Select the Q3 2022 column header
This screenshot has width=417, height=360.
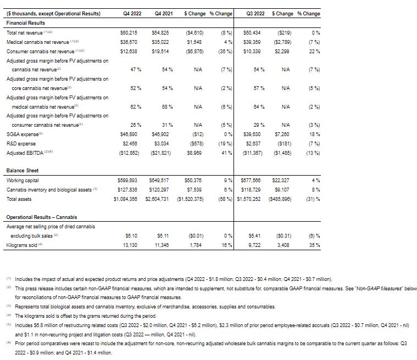[253, 13]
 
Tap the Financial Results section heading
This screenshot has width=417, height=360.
[25, 23]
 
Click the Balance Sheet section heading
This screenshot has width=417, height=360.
[23, 171]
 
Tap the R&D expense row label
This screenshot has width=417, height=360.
[21, 143]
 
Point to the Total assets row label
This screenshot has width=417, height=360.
[19, 199]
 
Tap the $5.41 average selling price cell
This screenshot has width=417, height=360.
[254, 236]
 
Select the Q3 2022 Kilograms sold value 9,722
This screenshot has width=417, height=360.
[255, 245]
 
